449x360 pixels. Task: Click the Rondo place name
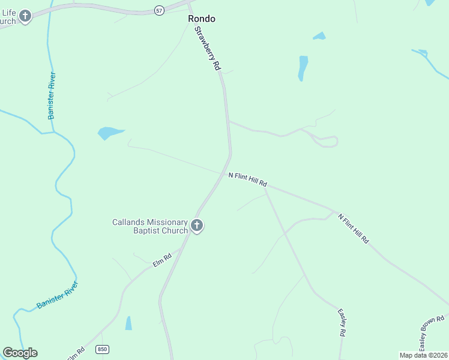pos(201,19)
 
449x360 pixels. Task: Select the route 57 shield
pos(159,11)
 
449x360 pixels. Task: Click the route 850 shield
pos(103,349)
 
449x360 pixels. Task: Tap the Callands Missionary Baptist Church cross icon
pos(197,226)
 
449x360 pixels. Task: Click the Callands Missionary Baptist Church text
pos(150,226)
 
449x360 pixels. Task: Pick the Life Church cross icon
pos(25,16)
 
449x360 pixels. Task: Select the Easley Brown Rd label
pos(431,334)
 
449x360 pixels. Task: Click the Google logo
pos(20,353)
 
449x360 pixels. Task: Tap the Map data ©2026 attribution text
pos(423,355)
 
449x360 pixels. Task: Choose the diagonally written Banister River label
pos(57,295)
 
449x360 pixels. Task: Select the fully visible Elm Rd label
pos(162,260)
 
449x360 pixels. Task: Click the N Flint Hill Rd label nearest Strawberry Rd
pos(247,179)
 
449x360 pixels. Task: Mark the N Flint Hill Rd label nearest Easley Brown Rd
pos(353,229)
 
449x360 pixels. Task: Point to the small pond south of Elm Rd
pos(128,323)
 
